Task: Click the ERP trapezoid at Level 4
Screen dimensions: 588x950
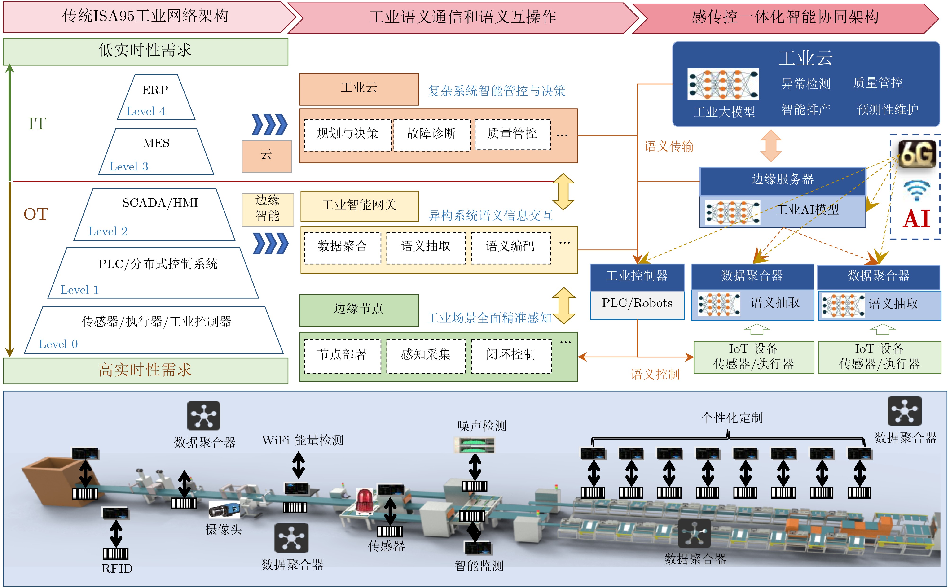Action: tap(156, 97)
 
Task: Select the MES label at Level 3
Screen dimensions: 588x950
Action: tap(156, 143)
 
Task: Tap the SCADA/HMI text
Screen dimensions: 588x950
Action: tap(160, 203)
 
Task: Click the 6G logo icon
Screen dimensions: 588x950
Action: tap(917, 154)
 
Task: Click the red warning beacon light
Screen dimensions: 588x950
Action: tap(365, 501)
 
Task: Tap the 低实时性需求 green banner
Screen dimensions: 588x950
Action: tap(145, 51)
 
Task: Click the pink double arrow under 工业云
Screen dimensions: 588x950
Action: tap(771, 146)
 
